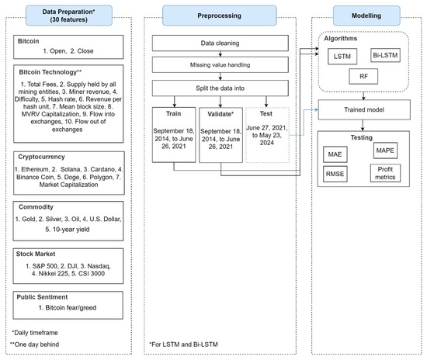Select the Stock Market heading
36,253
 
